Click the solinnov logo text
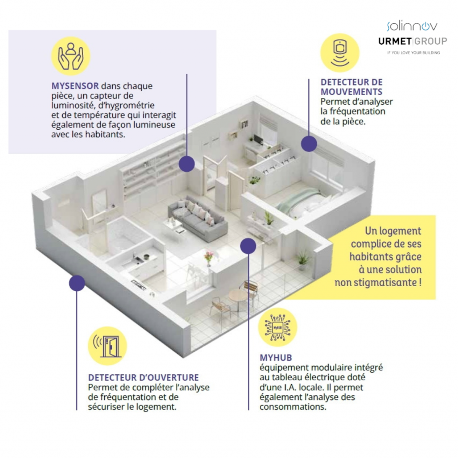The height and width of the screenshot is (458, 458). pos(411,26)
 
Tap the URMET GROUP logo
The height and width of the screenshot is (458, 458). pos(412,42)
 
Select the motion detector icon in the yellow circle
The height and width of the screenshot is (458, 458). pos(339,53)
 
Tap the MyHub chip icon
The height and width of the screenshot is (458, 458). pos(277,327)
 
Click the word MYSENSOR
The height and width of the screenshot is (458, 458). pos(75,85)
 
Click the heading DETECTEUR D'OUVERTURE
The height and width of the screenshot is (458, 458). pos(144,378)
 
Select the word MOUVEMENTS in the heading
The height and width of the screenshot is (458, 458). pos(351,92)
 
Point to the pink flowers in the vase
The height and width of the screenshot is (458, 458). pos(208,256)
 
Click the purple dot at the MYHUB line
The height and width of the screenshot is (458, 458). pos(248,246)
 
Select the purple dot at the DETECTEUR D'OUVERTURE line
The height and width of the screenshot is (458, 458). pos(77,283)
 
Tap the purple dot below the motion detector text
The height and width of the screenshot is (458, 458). pos(309,144)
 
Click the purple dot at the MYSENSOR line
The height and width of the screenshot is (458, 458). pos(187,164)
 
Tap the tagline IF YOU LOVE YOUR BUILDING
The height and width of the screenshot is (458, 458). pos(413,53)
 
